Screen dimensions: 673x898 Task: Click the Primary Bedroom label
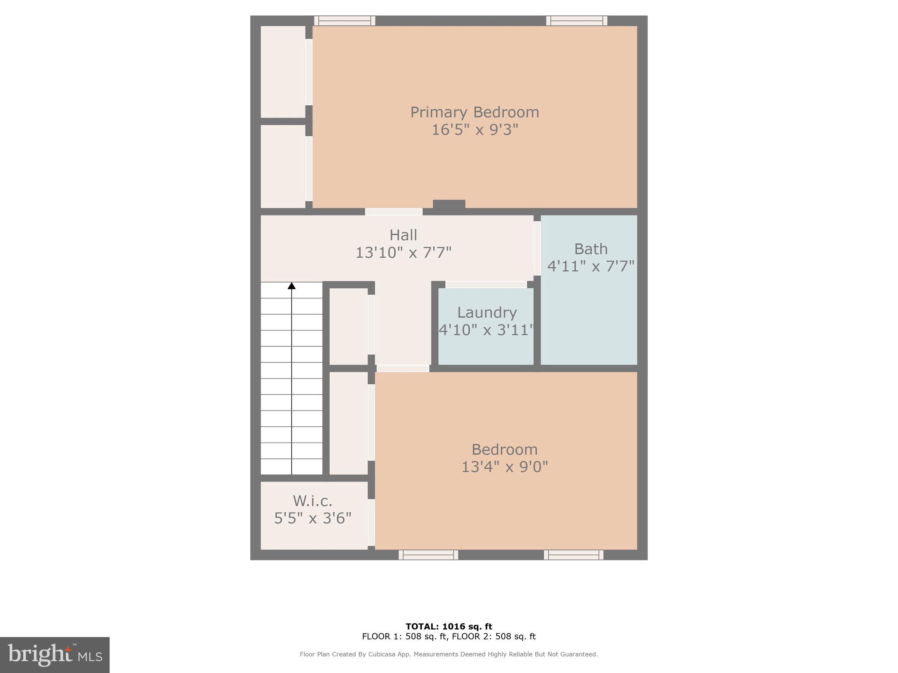(x=474, y=112)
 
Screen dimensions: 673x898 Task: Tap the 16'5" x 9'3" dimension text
(x=475, y=130)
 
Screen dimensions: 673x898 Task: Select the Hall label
(x=403, y=235)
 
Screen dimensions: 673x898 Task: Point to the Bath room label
(x=591, y=249)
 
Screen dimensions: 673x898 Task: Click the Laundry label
(x=487, y=312)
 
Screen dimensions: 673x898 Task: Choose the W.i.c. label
(x=312, y=501)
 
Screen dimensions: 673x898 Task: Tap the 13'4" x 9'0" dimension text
(x=505, y=467)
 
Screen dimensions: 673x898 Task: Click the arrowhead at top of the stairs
(x=292, y=286)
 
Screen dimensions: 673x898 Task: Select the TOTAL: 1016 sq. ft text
(x=449, y=627)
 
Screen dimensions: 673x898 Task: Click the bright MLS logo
(x=55, y=655)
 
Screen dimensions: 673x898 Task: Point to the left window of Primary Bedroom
(x=345, y=21)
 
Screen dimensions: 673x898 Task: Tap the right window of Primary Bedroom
(x=577, y=21)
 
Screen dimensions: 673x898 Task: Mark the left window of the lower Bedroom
(x=428, y=555)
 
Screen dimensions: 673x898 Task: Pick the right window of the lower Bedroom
(x=574, y=555)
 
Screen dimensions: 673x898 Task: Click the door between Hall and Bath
(x=537, y=248)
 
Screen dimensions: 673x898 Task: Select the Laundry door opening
(x=486, y=284)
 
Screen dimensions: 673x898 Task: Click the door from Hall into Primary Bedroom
(x=394, y=212)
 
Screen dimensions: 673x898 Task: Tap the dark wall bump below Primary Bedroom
(x=449, y=204)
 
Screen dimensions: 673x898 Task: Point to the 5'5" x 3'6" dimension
(x=313, y=519)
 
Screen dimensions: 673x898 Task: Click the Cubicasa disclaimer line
(x=449, y=654)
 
